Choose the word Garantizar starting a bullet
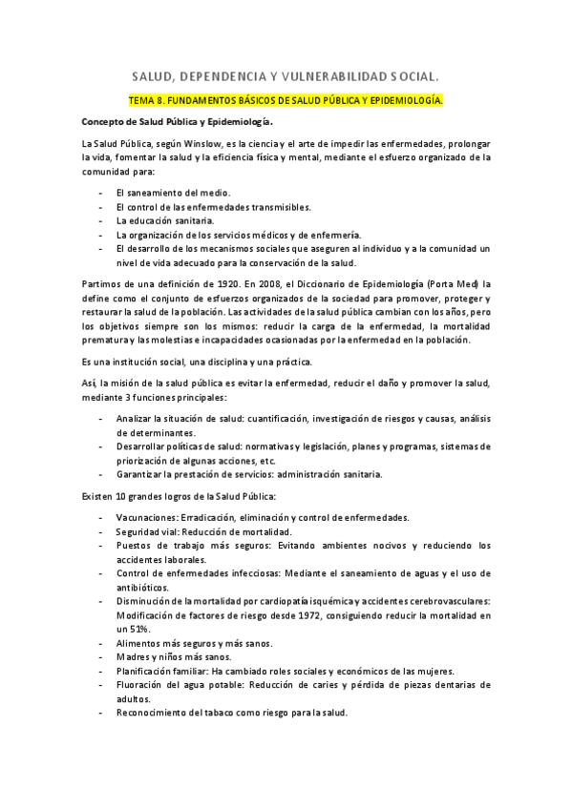point(139,474)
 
